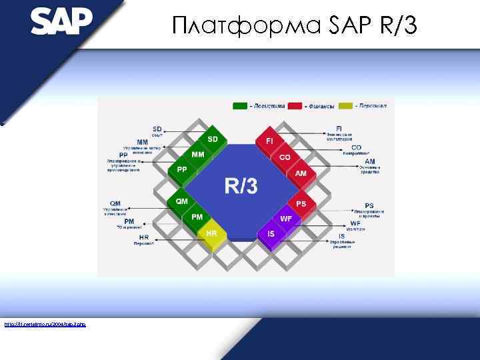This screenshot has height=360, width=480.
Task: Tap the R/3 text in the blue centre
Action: click(241, 186)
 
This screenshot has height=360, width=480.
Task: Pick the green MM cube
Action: click(198, 155)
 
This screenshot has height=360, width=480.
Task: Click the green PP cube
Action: click(182, 171)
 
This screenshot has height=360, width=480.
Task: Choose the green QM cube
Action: click(182, 201)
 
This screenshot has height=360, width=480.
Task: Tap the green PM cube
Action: click(197, 217)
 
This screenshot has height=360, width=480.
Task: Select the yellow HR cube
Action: click(212, 234)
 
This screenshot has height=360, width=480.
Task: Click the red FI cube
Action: click(269, 142)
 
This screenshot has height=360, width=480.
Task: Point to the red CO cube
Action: click(285, 158)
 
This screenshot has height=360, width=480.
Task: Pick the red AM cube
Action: click(301, 173)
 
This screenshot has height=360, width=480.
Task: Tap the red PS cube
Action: click(301, 203)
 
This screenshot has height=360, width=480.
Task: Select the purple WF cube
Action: click(286, 219)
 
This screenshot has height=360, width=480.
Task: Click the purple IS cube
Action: click(271, 235)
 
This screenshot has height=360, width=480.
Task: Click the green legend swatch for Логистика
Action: click(239, 105)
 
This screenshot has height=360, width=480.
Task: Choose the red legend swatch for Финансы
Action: click(294, 105)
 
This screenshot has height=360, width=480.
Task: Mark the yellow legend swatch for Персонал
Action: click(345, 105)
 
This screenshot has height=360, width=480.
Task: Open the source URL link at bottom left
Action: click(45, 325)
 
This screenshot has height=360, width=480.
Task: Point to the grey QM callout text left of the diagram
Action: click(115, 203)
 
